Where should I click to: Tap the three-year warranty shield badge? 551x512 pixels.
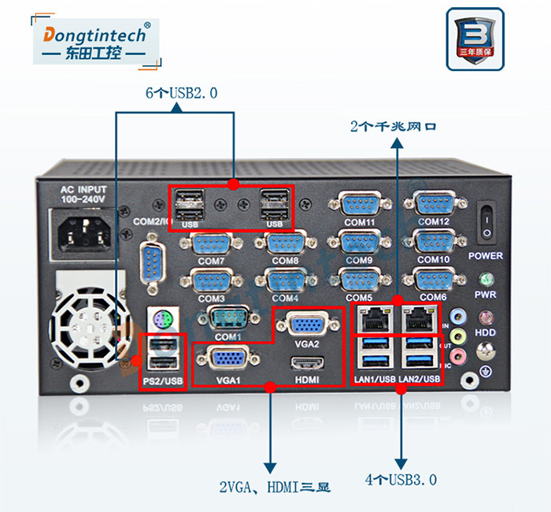coord(475,39)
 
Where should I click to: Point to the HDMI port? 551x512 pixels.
coord(308,365)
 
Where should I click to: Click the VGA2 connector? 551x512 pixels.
coord(308,325)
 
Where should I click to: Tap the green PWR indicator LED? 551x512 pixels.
coord(486,280)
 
